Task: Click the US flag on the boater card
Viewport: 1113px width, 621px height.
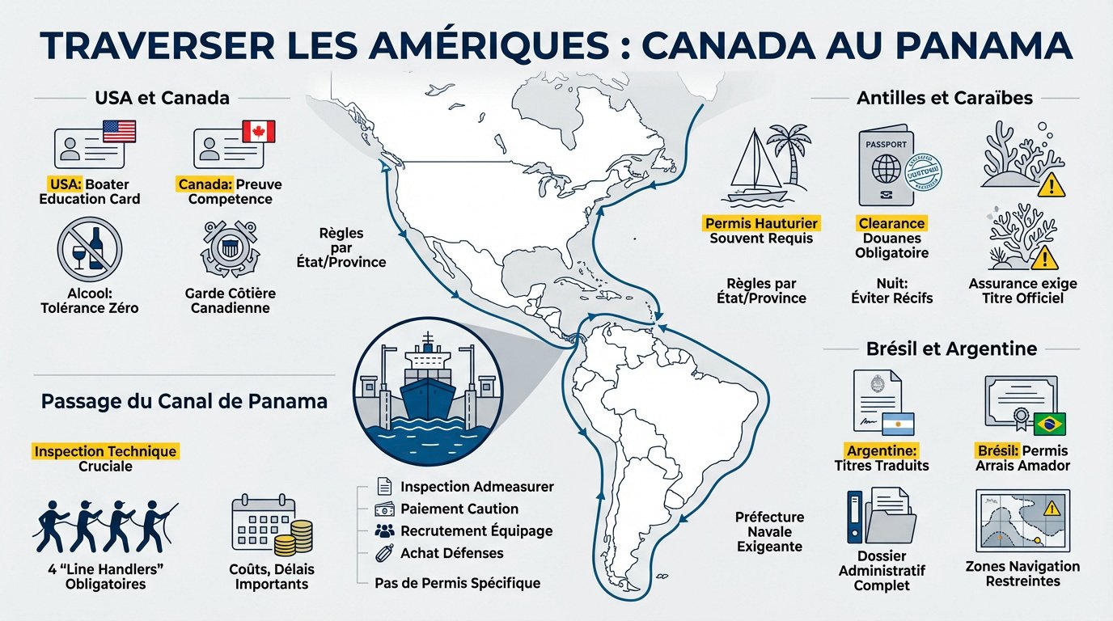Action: tap(120, 132)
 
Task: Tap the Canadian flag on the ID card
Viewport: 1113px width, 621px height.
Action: tap(259, 132)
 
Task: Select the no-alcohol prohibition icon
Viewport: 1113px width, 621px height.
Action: tap(89, 247)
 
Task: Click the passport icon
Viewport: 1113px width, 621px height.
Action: tap(884, 167)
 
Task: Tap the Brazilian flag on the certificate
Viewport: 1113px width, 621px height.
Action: tap(1050, 423)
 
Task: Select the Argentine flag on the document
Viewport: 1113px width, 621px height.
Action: tap(898, 424)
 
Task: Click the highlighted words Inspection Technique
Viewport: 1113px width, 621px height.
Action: tap(105, 451)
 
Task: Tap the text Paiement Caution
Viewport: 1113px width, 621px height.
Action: tap(459, 509)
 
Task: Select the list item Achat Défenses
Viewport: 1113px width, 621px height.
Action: tap(451, 552)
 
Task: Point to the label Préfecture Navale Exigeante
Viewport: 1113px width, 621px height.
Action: tap(768, 531)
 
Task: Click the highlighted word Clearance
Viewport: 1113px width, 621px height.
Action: tap(891, 222)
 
